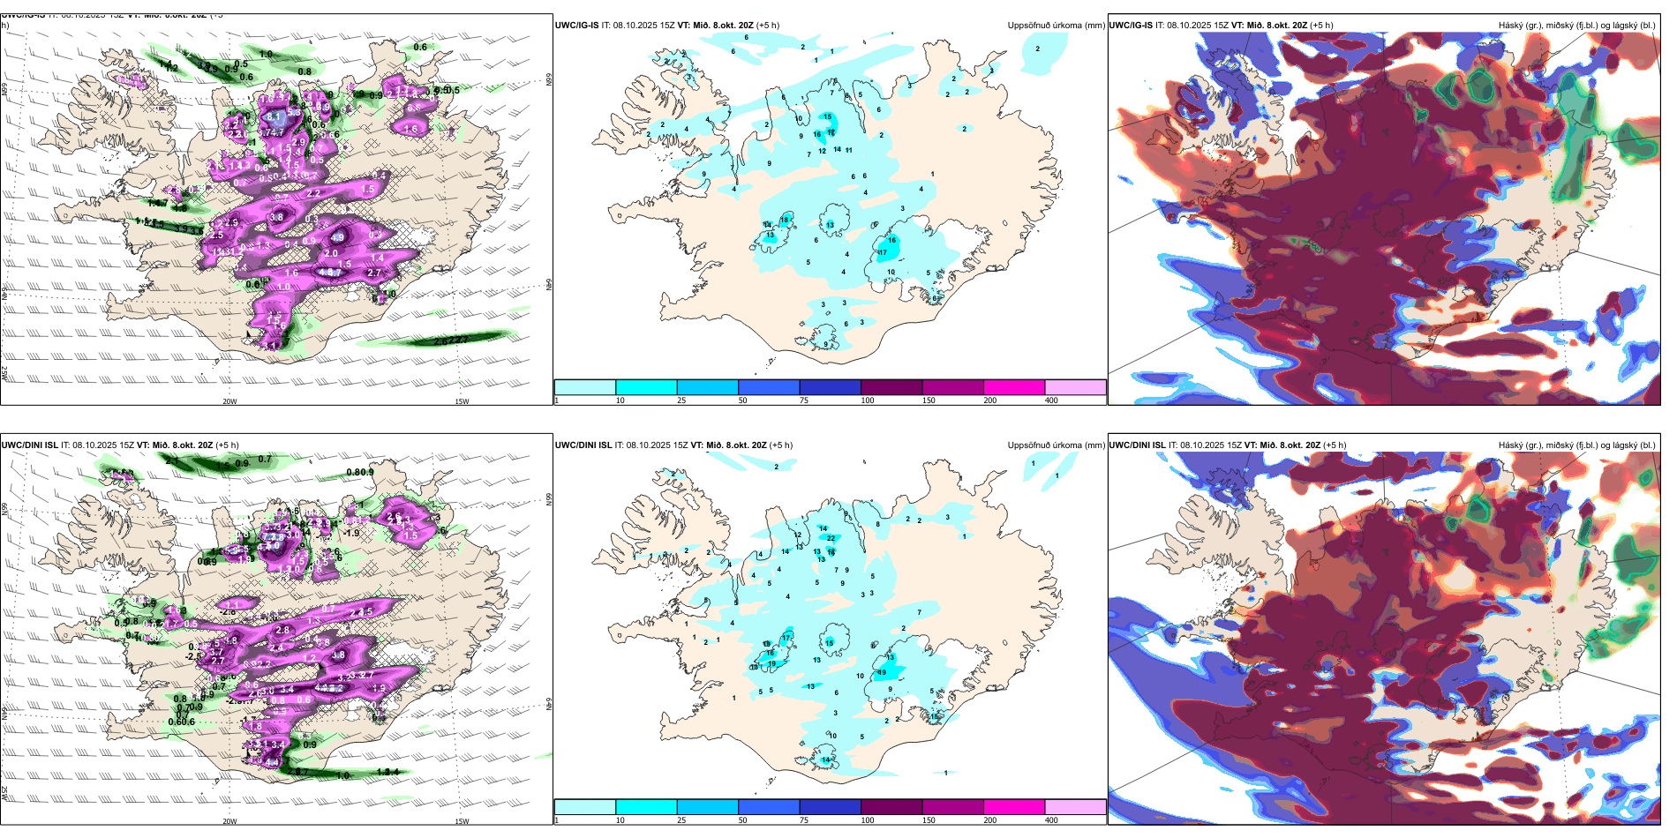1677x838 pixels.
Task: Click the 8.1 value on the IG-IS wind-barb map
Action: (274, 116)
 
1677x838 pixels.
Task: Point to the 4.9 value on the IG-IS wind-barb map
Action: (338, 236)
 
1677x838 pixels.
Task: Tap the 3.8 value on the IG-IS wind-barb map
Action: (277, 217)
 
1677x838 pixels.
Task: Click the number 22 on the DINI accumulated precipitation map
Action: (831, 538)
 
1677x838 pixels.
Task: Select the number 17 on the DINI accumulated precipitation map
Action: (786, 637)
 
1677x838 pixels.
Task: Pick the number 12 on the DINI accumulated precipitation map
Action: (798, 535)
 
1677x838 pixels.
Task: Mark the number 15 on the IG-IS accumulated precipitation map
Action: (827, 116)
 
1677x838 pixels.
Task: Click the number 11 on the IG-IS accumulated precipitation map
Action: (849, 150)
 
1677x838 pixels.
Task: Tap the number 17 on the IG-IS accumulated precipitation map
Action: (883, 252)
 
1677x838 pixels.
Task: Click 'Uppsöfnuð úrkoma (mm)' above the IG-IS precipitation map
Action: (1056, 26)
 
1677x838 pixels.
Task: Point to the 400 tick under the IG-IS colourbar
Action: (1051, 400)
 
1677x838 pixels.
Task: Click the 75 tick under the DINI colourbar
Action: (804, 820)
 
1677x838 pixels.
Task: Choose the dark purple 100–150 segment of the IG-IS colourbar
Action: (891, 387)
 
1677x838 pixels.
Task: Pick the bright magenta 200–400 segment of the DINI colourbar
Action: (1014, 807)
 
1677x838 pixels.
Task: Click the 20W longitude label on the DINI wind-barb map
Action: (229, 821)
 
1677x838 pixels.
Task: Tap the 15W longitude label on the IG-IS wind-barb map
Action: (461, 401)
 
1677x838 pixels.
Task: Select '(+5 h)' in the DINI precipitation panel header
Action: (781, 445)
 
